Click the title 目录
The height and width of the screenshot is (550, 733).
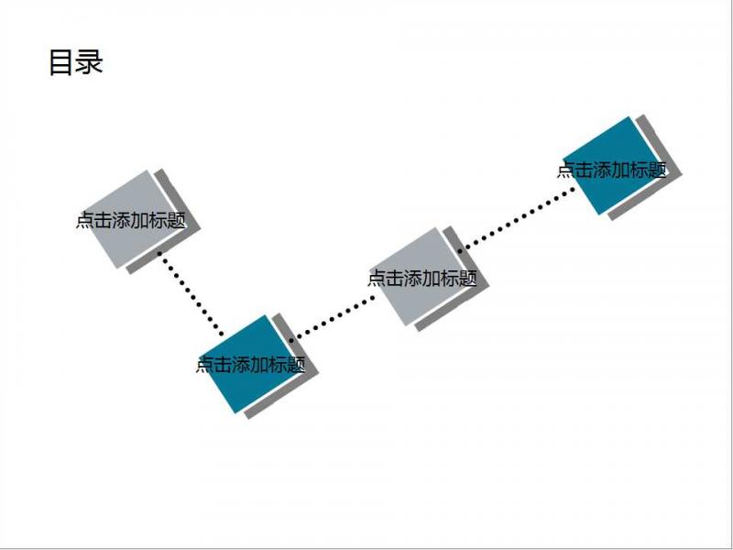(76, 62)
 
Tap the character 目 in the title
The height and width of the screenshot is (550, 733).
(60, 62)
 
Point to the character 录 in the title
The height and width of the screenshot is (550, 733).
(89, 62)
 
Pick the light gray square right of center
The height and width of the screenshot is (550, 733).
(421, 277)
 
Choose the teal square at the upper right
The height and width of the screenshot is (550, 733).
(612, 166)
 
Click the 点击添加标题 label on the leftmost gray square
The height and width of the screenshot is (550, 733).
(131, 220)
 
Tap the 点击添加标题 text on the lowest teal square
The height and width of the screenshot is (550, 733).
(250, 364)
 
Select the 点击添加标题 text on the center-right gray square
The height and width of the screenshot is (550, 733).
(422, 279)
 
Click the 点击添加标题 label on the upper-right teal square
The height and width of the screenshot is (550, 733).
(611, 170)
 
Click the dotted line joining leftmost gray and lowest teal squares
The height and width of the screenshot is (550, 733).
(191, 293)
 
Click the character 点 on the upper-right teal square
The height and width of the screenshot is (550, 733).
(565, 170)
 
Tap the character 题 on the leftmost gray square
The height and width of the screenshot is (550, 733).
(177, 220)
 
